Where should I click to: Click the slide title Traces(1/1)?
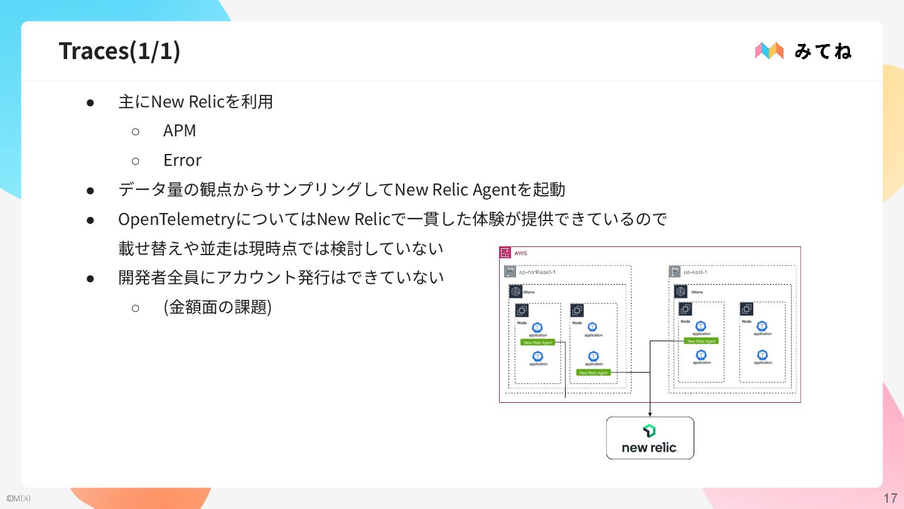pos(119,51)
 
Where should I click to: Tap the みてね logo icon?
pos(769,51)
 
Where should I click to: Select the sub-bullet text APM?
pos(180,131)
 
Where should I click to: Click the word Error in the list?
pos(182,160)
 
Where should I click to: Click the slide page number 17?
pos(890,498)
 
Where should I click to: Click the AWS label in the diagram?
pos(520,253)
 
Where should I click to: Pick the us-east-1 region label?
pos(696,272)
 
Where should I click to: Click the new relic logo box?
pos(650,437)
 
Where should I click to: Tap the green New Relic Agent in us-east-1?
pos(701,341)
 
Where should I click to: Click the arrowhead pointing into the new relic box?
pos(650,413)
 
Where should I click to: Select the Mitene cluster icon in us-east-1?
pos(681,292)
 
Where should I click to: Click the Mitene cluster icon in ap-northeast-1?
pos(515,292)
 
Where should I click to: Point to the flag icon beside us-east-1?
pos(675,271)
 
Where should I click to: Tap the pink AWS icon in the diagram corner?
pos(505,253)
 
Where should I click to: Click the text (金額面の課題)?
pos(217,307)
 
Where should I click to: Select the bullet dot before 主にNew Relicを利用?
pos(90,102)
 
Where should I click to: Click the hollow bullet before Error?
pos(135,161)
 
